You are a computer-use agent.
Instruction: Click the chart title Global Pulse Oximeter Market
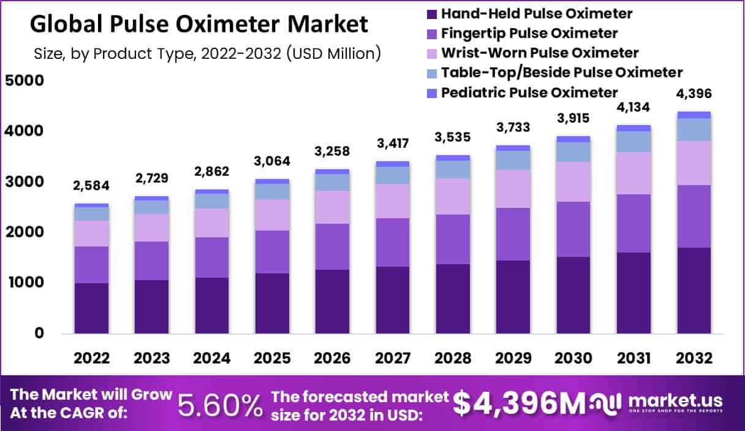[199, 25]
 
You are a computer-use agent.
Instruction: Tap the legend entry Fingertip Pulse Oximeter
[529, 33]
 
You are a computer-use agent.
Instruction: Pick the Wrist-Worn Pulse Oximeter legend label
[540, 53]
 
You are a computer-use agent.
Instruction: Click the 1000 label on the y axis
[26, 283]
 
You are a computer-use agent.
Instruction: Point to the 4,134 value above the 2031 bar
[633, 107]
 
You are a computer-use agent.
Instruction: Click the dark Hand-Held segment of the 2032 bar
[694, 291]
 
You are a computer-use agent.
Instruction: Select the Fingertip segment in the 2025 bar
[273, 252]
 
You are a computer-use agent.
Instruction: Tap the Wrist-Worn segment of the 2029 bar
[513, 189]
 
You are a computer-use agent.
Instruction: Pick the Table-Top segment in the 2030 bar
[573, 152]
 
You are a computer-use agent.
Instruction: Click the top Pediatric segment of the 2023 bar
[151, 198]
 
